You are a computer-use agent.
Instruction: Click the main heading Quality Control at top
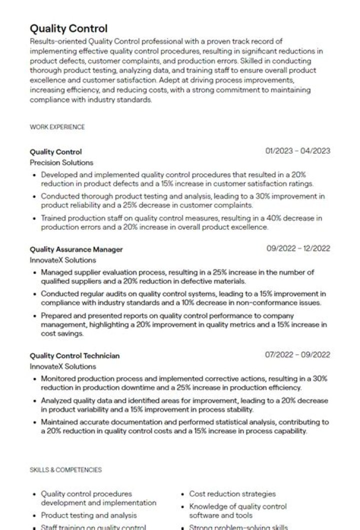click(68, 29)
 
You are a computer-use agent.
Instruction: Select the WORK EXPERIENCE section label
click(57, 127)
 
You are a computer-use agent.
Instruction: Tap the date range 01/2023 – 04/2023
click(298, 151)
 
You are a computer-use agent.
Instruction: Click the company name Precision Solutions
click(61, 163)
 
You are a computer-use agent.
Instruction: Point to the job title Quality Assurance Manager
click(76, 249)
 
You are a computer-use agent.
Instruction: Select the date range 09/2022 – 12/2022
click(298, 248)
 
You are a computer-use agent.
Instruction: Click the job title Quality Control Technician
click(74, 356)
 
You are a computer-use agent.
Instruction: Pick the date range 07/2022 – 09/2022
click(297, 355)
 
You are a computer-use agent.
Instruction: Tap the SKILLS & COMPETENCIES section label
click(65, 470)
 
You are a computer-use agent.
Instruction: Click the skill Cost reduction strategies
click(232, 494)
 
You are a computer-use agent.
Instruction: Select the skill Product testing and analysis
click(88, 515)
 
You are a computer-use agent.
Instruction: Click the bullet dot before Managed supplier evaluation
click(34, 273)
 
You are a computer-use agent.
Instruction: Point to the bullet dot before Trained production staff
click(34, 219)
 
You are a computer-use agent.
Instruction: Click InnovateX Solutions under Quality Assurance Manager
click(62, 260)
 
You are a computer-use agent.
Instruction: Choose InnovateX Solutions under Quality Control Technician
click(62, 367)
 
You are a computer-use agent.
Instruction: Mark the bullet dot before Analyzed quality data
click(34, 401)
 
